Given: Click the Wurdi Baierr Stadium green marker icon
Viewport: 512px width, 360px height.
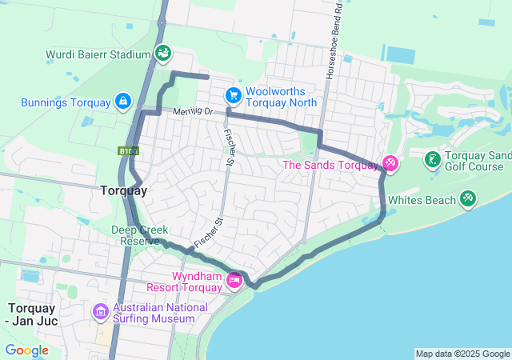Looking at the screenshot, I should click(163, 54).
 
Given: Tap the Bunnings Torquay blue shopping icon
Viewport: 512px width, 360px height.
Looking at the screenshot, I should click(123, 102).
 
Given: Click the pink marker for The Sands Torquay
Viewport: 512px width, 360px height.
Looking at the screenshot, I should click(390, 164).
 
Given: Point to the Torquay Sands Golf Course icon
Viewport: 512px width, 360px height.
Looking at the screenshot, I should click(432, 159).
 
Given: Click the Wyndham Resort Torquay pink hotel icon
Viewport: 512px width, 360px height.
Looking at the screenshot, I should click(234, 280).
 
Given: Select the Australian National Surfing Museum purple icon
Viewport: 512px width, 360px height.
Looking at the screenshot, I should click(101, 311).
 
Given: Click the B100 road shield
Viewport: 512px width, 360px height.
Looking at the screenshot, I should click(127, 150).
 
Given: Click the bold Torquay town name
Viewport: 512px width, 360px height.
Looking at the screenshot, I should click(123, 190).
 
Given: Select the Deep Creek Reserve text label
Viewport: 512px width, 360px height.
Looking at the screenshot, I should click(139, 235).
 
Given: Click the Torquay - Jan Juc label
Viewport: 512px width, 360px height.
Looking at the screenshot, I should click(40, 314).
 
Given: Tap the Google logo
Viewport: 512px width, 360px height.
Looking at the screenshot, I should click(26, 350).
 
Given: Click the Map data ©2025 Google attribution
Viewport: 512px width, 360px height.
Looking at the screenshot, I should click(462, 354).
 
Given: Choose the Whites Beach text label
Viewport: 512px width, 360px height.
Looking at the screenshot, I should click(422, 200).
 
